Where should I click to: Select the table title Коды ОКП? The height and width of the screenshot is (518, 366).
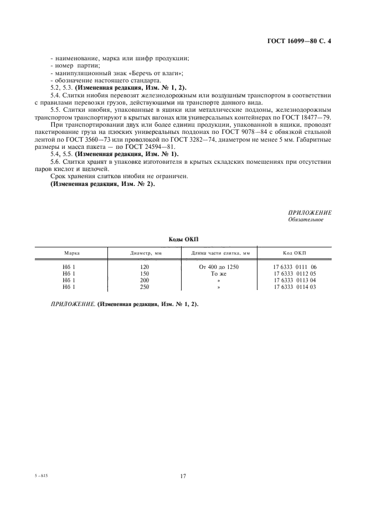pyautogui.click(x=183, y=239)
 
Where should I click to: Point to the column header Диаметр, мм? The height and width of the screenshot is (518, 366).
pyautogui.click(x=146, y=253)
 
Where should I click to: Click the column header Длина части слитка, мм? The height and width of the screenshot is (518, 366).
pyautogui.click(x=220, y=253)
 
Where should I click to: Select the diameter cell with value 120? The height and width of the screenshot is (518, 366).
pyautogui.click(x=145, y=267)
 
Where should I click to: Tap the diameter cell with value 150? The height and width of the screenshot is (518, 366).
pyautogui.click(x=145, y=273)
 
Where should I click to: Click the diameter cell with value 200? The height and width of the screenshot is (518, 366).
pyautogui.click(x=145, y=280)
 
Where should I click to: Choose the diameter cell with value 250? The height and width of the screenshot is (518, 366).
pyautogui.click(x=145, y=287)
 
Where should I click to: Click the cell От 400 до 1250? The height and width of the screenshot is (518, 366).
pyautogui.click(x=219, y=267)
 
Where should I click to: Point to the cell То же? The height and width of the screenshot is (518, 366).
pyautogui.click(x=219, y=273)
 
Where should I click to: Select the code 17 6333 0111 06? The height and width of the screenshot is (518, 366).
pyautogui.click(x=295, y=267)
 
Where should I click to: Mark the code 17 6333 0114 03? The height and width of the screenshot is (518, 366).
pyautogui.click(x=295, y=287)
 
